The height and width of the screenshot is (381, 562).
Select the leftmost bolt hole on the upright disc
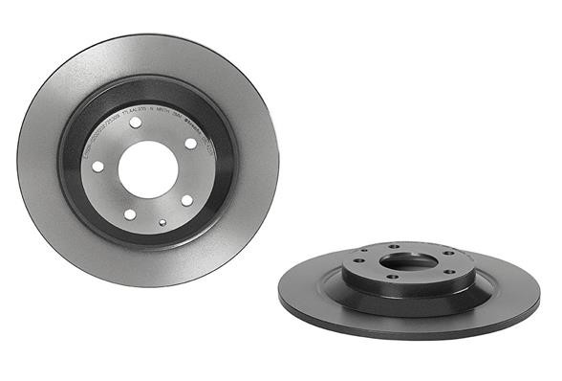point(98,167)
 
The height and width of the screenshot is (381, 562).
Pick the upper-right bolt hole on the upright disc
point(190,144)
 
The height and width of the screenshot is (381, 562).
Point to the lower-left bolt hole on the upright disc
point(129,213)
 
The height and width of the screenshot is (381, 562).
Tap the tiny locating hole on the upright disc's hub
point(162,222)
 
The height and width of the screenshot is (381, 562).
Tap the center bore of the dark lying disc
point(408,259)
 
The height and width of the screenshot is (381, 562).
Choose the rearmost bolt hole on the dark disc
point(393,247)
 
